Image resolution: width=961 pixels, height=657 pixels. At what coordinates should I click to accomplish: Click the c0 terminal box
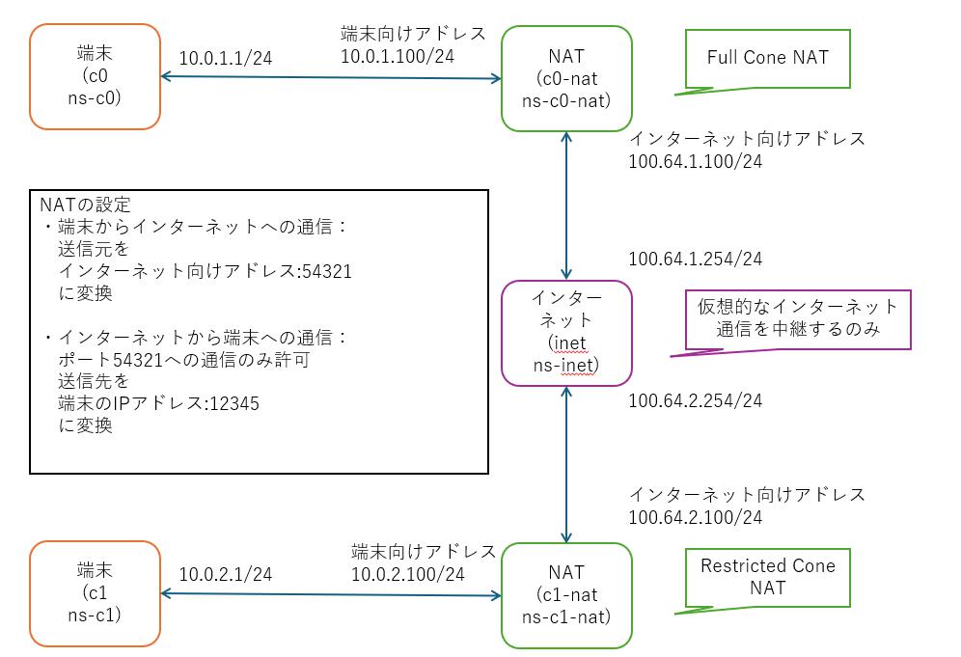(x=95, y=76)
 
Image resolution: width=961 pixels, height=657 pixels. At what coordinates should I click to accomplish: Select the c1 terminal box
(x=95, y=593)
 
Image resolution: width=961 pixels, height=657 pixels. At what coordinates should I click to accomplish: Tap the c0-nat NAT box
(x=566, y=78)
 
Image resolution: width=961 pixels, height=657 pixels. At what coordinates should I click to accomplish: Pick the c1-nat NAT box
(x=566, y=595)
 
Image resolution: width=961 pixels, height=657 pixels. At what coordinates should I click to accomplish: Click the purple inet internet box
(x=566, y=333)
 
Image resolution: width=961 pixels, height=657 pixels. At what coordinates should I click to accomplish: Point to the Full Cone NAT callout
(x=766, y=59)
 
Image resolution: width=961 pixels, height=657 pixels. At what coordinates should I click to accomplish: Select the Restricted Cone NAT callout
(x=768, y=576)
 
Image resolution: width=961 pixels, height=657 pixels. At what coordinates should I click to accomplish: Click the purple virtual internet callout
(x=797, y=318)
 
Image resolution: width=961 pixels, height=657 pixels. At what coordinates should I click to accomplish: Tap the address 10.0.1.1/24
(x=226, y=58)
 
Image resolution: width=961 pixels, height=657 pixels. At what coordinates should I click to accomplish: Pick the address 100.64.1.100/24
(x=695, y=161)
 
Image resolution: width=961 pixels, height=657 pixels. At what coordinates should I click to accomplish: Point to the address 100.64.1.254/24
(x=695, y=259)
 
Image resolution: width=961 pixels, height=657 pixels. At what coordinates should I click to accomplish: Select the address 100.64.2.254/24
(x=695, y=399)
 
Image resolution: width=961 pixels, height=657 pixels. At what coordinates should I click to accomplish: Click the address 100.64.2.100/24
(x=695, y=517)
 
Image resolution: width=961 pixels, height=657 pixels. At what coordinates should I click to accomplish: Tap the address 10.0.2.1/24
(x=226, y=574)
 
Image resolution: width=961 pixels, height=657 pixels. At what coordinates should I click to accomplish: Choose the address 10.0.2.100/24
(x=407, y=574)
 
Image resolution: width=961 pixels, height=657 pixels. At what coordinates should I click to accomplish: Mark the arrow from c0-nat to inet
(x=566, y=205)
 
